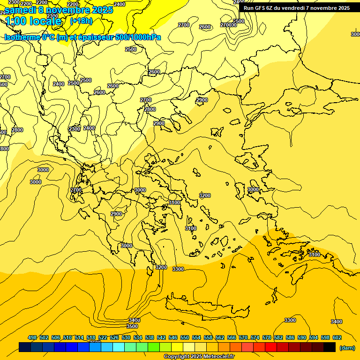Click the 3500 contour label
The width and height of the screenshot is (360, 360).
point(132,326)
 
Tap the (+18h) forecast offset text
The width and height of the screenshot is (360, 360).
point(81,21)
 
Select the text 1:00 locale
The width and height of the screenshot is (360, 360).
point(33,21)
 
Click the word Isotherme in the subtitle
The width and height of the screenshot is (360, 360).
point(22,37)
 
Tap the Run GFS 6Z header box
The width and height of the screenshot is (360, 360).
point(297,8)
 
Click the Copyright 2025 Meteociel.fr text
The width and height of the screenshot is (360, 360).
point(199,357)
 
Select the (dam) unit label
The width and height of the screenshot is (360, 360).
point(347,348)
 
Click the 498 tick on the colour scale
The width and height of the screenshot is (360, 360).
point(32,337)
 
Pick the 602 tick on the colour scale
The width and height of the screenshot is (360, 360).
point(337,337)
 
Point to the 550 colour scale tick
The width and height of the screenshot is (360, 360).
point(185,337)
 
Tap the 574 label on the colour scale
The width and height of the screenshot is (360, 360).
point(255,337)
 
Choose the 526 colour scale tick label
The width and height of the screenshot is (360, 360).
point(114,337)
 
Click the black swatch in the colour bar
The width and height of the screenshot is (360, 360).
point(330,347)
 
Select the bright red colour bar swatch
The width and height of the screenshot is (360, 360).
point(271,347)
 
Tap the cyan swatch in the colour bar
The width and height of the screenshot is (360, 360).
point(119,347)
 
